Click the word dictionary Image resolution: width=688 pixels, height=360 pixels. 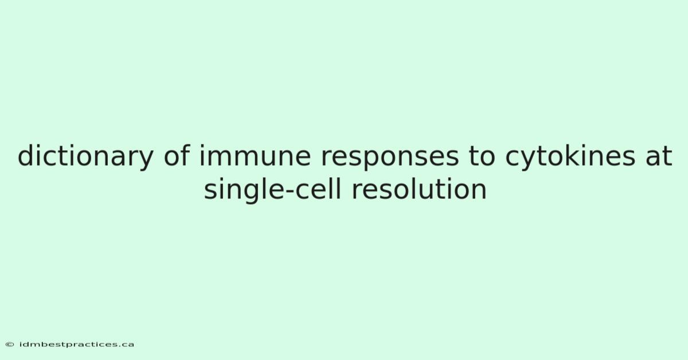[85, 157]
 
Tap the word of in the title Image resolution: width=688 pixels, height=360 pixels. [177, 155]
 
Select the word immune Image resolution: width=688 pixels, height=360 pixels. [255, 155]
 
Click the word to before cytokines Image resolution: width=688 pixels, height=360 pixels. [482, 156]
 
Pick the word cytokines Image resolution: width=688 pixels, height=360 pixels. [570, 157]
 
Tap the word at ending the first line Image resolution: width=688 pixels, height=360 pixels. [659, 156]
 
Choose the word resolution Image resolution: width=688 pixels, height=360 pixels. [419, 189]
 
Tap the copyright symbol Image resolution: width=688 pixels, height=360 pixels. [10, 345]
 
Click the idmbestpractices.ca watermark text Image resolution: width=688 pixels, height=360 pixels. [76, 345]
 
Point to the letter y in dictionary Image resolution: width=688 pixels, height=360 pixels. [146, 160]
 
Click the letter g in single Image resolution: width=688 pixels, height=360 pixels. [243, 193]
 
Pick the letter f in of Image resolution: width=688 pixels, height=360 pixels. [185, 155]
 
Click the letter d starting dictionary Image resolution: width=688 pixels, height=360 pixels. [26, 155]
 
